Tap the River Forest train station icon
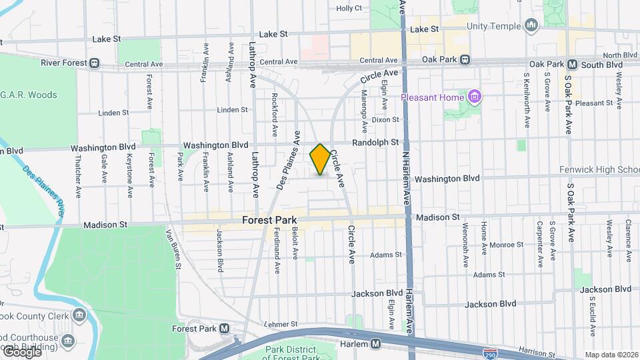coord(95,64)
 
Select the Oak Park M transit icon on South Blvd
coord(571,65)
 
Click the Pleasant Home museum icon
coord(475,98)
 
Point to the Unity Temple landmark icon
coord(531,26)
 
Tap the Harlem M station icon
coord(376,344)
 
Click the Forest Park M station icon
coord(224,329)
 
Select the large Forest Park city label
coord(269,219)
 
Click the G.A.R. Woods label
coord(29,95)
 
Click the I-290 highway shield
coord(491,349)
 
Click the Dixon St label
coord(385,120)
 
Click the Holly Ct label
coord(349,9)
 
